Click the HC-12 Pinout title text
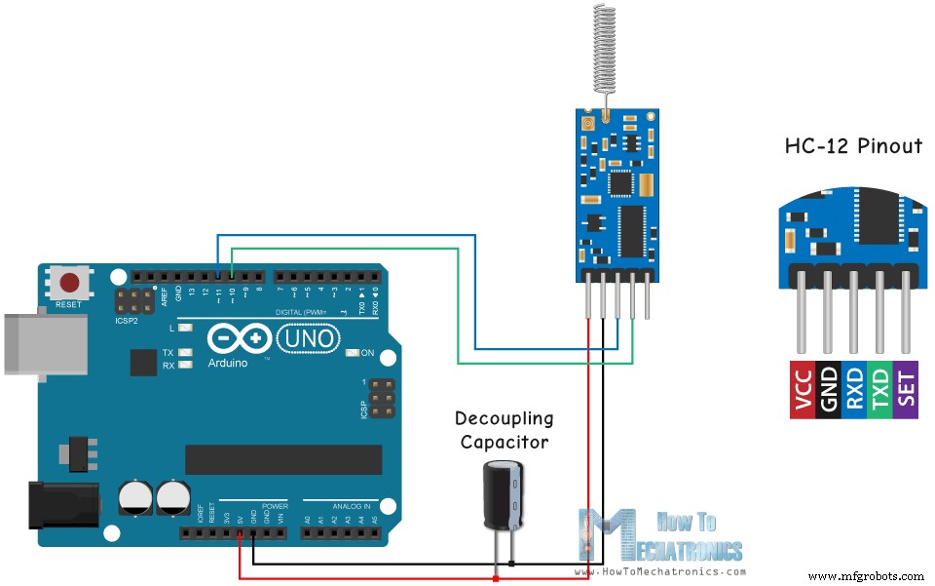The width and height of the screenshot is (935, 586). click(853, 146)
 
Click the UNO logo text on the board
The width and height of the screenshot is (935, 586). click(309, 338)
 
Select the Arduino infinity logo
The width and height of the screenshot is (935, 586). click(234, 338)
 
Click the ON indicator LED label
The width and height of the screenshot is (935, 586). click(366, 352)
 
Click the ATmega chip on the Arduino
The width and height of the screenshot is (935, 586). click(283, 458)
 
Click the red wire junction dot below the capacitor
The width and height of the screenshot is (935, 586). click(497, 578)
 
